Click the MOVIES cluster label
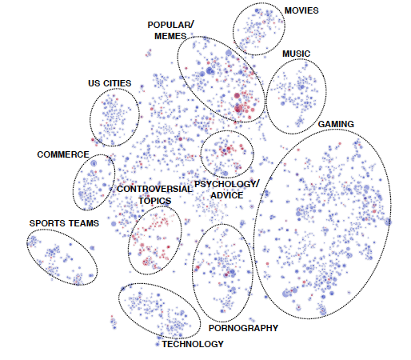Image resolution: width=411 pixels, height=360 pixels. click(301, 10)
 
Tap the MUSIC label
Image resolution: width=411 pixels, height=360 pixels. click(296, 54)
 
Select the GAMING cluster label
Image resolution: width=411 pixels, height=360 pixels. click(336, 124)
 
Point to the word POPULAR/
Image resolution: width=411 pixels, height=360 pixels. click(171, 25)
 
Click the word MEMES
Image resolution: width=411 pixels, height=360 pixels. click(170, 36)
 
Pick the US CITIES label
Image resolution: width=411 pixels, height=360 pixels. click(110, 83)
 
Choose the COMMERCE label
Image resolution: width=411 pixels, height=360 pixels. click(63, 154)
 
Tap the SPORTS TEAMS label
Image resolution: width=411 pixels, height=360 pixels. click(64, 223)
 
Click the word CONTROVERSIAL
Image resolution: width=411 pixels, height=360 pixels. click(154, 189)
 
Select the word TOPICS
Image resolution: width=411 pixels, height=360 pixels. click(154, 201)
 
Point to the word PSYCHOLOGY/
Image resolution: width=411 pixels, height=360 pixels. click(227, 184)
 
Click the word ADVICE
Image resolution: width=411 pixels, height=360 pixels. click(227, 195)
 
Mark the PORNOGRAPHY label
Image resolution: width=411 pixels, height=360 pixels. click(243, 328)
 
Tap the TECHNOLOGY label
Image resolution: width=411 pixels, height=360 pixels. click(193, 344)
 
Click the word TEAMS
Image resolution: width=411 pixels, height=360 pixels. click(84, 223)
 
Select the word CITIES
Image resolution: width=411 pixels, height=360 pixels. click(117, 83)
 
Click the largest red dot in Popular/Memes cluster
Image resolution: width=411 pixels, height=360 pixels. click(238, 108)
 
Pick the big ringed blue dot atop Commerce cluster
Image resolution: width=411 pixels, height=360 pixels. click(94, 163)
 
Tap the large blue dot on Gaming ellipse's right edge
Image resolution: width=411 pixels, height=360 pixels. click(388, 222)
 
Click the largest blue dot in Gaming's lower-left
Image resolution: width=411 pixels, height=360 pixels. click(286, 294)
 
